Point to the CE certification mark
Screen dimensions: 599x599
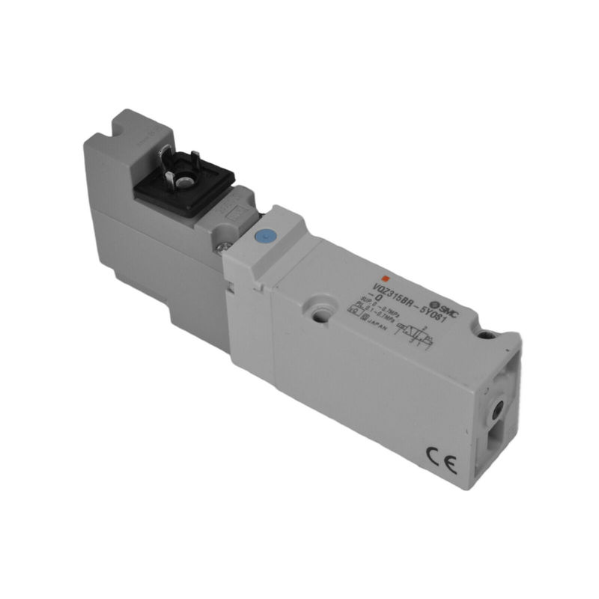tap(438, 454)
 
